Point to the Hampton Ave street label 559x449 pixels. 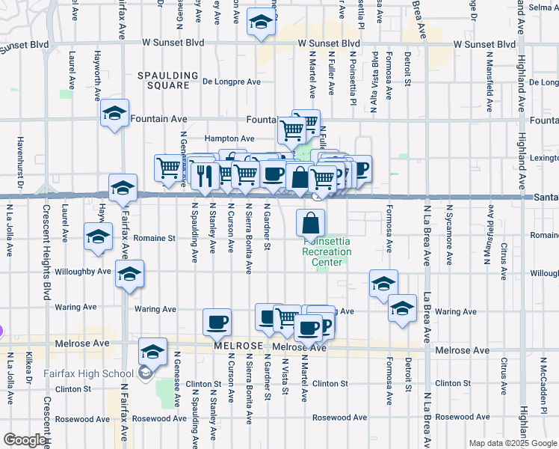tap(230, 138)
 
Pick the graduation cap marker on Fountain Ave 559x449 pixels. tap(114, 114)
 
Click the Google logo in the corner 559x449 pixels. tap(25, 440)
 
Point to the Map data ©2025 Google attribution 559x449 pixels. tap(513, 443)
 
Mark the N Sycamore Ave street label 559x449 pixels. tap(449, 234)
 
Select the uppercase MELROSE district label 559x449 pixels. tap(239, 346)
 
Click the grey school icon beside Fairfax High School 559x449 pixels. tap(145, 373)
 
